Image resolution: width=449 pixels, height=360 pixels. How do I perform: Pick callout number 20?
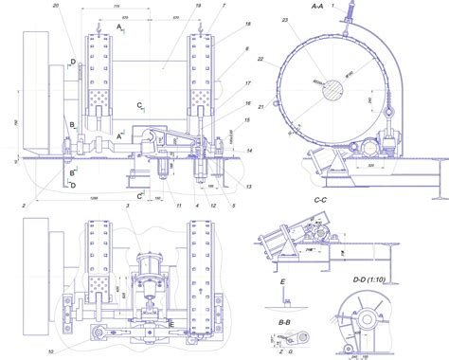[x=56, y=7]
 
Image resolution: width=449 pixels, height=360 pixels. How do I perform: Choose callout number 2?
[x=22, y=204]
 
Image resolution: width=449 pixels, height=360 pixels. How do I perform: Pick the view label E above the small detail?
[x=283, y=281]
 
